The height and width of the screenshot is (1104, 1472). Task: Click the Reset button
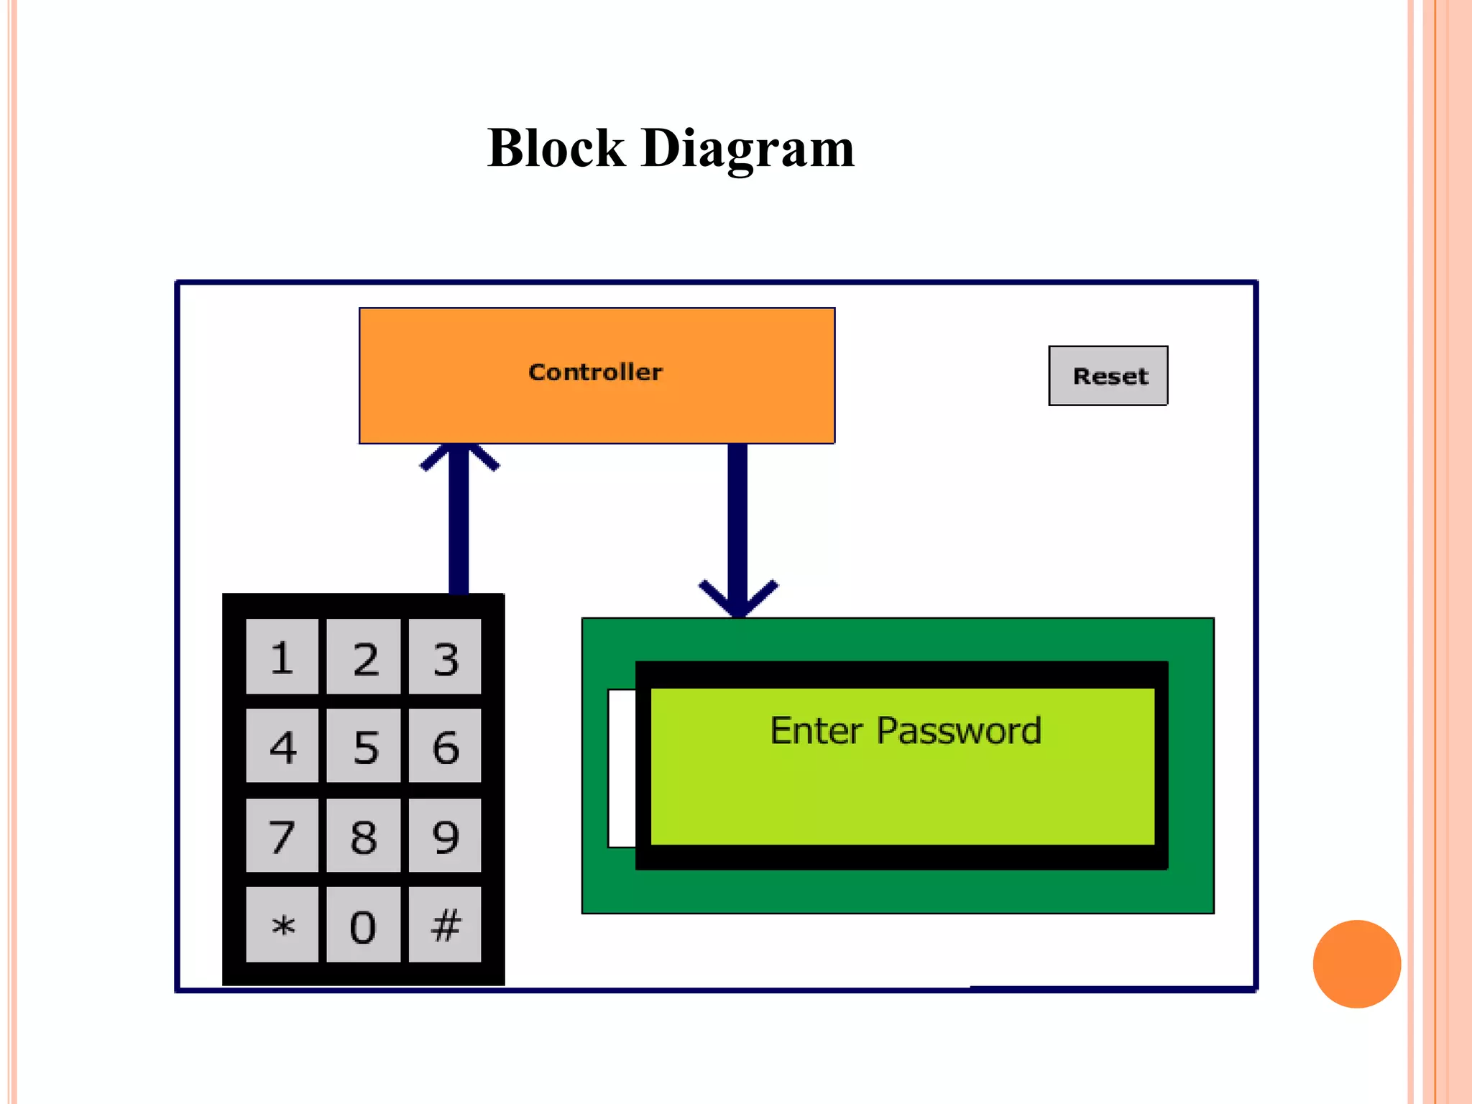point(1108,376)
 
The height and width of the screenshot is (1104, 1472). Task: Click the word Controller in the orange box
point(595,372)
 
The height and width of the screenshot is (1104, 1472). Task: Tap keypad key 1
point(282,657)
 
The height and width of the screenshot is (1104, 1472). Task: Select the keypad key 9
point(445,835)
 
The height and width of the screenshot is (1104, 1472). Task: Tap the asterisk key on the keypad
point(282,924)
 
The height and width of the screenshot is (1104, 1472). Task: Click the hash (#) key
point(445,924)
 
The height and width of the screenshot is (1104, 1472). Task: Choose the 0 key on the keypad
point(363,924)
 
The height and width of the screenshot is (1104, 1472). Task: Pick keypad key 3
point(445,657)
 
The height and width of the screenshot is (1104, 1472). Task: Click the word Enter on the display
point(816,731)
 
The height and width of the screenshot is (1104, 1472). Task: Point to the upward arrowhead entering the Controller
point(459,456)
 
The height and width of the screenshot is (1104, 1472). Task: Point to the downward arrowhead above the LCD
point(738,601)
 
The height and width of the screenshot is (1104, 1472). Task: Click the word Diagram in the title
point(747,148)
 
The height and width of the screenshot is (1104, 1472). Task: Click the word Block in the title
point(556,148)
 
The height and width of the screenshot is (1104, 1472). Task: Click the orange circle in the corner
point(1356,964)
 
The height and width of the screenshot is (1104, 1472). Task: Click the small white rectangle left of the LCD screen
point(622,768)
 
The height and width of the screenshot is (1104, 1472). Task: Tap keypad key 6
point(445,745)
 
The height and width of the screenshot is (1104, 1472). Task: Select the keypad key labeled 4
point(282,745)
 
